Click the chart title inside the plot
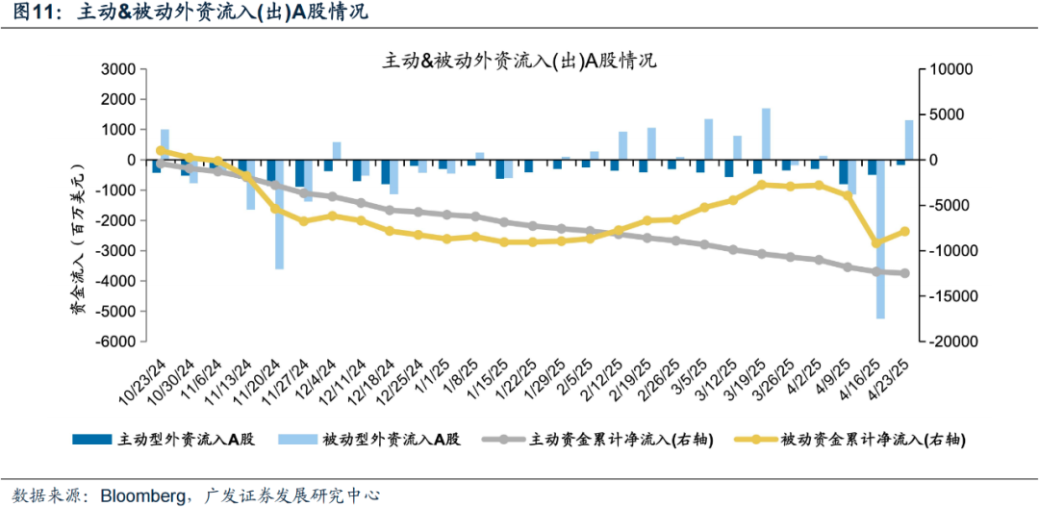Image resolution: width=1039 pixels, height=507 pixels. pyautogui.click(x=519, y=61)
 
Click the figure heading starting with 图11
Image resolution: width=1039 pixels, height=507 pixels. pyautogui.click(x=184, y=13)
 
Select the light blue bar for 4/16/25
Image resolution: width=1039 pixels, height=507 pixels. pyautogui.click(x=879, y=239)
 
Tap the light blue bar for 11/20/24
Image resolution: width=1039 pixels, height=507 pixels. pyautogui.click(x=280, y=214)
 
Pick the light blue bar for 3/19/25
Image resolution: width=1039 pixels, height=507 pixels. pyautogui.click(x=766, y=134)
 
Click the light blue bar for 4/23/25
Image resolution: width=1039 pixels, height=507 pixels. pyautogui.click(x=908, y=139)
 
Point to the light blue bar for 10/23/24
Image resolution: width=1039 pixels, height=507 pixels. pyautogui.click(x=165, y=144)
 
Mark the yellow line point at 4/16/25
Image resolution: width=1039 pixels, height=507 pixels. pyautogui.click(x=875, y=242)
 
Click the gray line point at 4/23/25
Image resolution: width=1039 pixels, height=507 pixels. pyautogui.click(x=904, y=273)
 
